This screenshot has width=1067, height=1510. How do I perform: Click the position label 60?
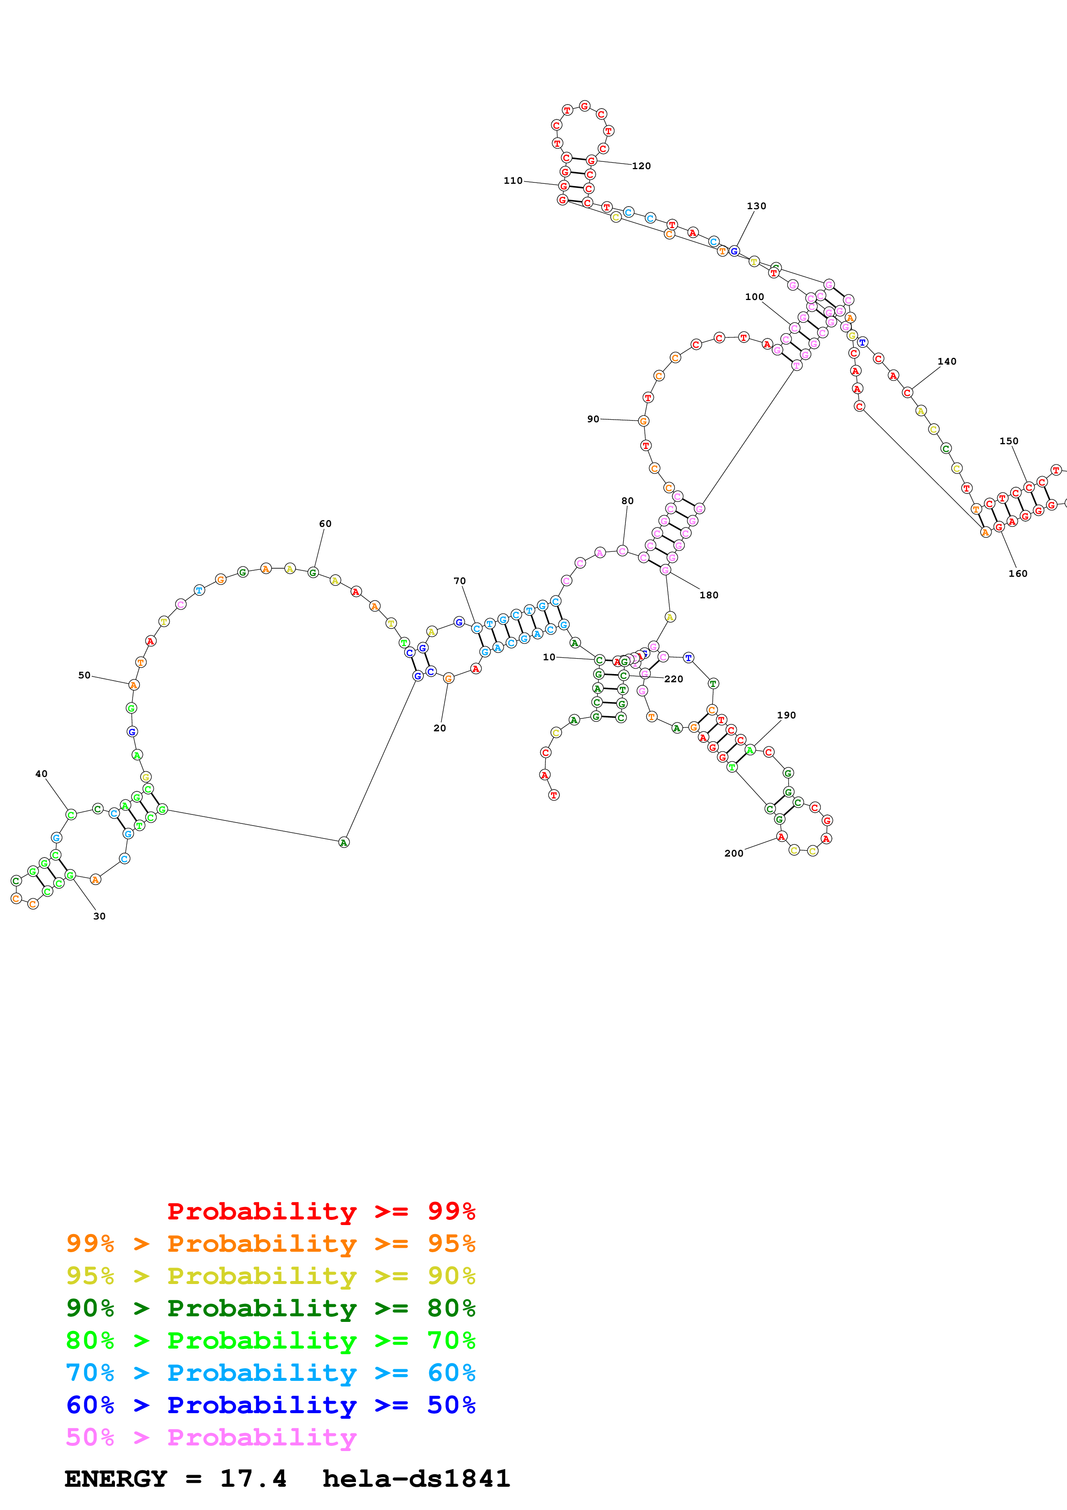click(x=325, y=523)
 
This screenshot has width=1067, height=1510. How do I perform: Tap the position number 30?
click(x=99, y=916)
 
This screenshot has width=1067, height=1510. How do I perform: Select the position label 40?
click(x=41, y=774)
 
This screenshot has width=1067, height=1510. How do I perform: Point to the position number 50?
click(x=84, y=675)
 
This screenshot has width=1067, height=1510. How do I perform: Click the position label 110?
click(x=513, y=181)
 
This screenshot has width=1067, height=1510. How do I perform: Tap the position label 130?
click(x=756, y=206)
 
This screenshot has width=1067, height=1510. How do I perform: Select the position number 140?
click(x=946, y=362)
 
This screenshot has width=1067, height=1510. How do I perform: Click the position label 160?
click(x=1018, y=573)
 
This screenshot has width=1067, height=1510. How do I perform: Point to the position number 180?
click(x=709, y=595)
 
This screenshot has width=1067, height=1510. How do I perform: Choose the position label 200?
click(x=734, y=854)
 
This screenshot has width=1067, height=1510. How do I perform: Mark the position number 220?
click(x=674, y=679)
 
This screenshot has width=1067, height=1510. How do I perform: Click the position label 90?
click(x=593, y=419)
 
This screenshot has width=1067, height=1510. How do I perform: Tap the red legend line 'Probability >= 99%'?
click(x=321, y=1211)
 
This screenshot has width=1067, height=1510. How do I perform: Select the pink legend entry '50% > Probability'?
click(x=210, y=1437)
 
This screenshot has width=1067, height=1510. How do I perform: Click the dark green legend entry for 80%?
click(x=270, y=1308)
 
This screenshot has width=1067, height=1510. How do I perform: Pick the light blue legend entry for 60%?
click(x=270, y=1373)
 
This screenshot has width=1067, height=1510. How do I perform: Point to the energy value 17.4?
click(x=253, y=1479)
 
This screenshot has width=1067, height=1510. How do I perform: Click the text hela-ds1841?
click(x=416, y=1479)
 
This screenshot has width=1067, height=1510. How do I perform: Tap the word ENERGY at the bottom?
click(x=116, y=1479)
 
